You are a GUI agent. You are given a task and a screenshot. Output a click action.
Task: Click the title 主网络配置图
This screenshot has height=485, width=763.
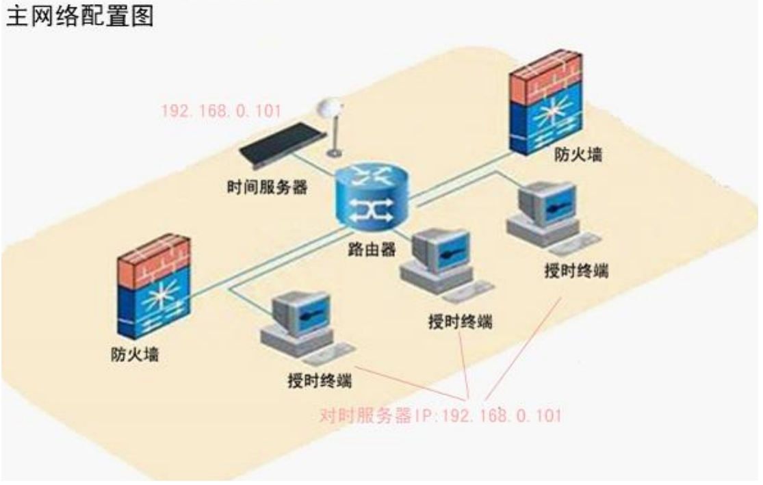pos(80,16)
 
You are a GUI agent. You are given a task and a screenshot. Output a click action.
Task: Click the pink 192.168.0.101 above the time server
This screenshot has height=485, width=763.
pos(222,111)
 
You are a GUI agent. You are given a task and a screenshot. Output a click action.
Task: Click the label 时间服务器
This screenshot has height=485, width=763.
pos(268,187)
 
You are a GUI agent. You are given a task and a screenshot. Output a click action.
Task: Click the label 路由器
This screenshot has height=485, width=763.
pos(372,250)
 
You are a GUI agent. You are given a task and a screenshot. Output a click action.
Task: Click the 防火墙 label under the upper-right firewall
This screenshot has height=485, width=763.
pos(578,154)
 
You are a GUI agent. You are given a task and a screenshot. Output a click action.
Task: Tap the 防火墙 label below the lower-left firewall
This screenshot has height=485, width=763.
pos(135,354)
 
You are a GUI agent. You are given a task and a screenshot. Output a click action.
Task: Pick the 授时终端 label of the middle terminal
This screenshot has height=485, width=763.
pos(461,322)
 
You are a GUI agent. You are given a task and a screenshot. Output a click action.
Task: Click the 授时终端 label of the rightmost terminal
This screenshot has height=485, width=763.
pos(576,270)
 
